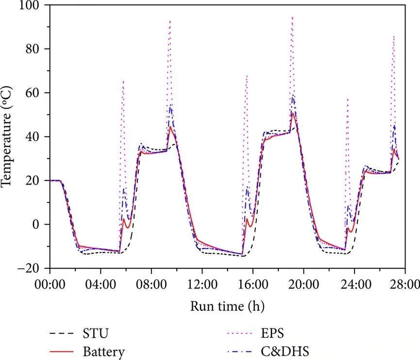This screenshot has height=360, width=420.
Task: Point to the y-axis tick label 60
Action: (35, 93)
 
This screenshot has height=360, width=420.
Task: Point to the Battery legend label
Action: (103, 352)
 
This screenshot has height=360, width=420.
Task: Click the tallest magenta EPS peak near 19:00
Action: (292, 17)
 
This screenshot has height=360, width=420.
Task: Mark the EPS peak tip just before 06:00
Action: (123, 81)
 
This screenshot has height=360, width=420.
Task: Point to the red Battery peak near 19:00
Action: (293, 114)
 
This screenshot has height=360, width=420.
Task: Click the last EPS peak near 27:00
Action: (394, 36)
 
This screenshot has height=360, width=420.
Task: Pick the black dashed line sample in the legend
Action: (61, 334)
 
